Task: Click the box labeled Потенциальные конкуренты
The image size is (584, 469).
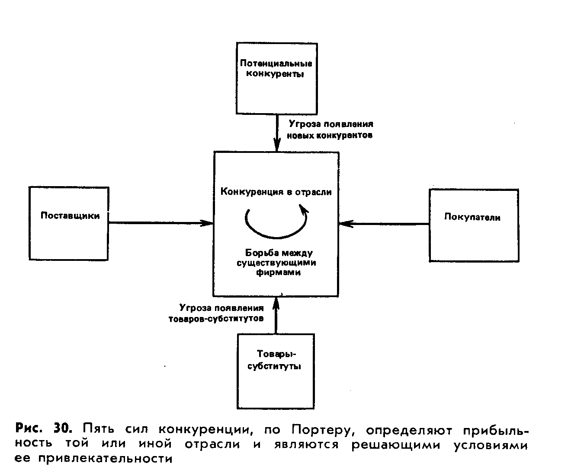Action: [276, 78]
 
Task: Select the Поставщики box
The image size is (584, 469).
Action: [68, 223]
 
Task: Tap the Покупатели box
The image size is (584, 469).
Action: [473, 225]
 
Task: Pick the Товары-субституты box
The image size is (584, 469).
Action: [275, 371]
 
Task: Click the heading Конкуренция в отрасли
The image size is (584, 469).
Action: [276, 192]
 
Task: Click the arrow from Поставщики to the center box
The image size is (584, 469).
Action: [160, 223]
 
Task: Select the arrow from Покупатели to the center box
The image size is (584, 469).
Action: [384, 224]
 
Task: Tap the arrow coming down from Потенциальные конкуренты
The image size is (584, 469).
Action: [276, 132]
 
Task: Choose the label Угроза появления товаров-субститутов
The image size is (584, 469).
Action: [216, 314]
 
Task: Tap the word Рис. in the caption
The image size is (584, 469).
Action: [29, 429]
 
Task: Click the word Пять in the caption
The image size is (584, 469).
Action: [98, 429]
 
